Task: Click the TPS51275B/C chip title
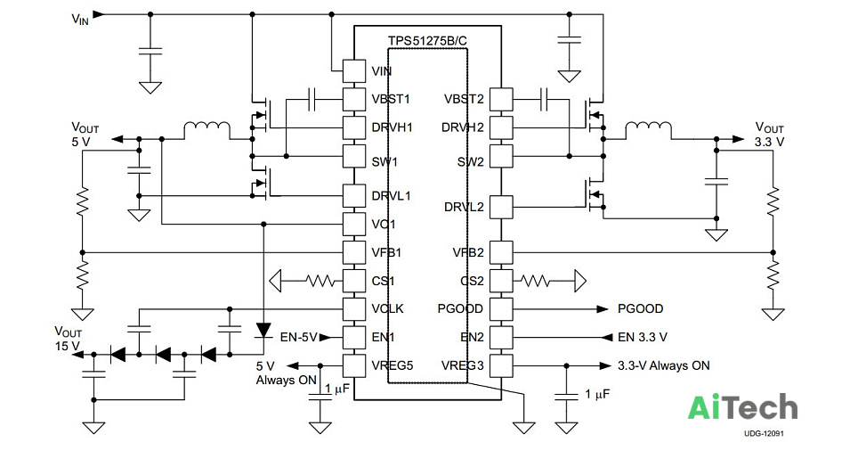427,41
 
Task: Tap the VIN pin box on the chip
354,70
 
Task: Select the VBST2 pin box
501,99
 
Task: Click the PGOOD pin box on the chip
501,309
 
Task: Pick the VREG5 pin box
354,365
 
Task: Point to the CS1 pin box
354,281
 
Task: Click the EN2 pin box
501,338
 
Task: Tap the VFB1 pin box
354,252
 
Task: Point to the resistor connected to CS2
535,281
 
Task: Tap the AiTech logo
742,407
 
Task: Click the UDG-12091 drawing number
764,434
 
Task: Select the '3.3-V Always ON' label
664,365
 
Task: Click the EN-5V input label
299,338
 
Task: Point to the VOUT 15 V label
68,339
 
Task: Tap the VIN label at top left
80,20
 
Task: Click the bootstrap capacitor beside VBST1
312,99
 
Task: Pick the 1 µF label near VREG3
597,394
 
